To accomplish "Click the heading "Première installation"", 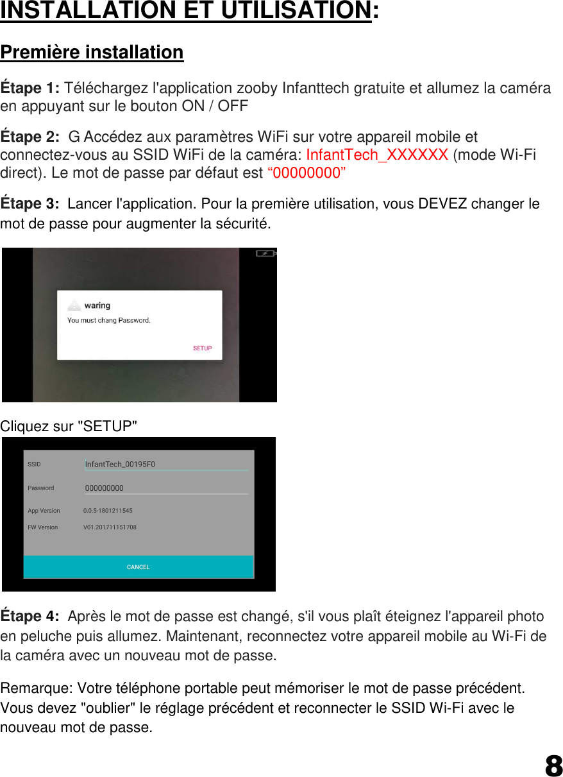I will [92, 52].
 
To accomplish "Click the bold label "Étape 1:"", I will [30, 88].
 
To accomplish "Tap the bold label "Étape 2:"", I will [30, 137].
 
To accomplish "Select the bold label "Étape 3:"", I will [30, 204].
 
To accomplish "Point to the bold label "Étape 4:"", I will [30, 617].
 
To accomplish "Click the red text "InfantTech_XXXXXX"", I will [377, 155].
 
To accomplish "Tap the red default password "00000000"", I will [307, 173].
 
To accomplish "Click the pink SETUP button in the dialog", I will [203, 348].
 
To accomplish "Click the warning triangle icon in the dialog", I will [75, 306].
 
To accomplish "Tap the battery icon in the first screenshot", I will [265, 253].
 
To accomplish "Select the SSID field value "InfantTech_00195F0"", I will [120, 465].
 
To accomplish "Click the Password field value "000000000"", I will [105, 488].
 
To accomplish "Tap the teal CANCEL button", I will [139, 567].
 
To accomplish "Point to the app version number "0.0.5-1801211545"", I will [108, 511].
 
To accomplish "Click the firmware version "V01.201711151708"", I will [110, 527].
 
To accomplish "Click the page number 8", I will [553, 765].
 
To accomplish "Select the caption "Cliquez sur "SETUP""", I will [69, 426].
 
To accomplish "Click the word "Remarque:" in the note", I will [37, 689].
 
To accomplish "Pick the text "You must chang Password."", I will [109, 320].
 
